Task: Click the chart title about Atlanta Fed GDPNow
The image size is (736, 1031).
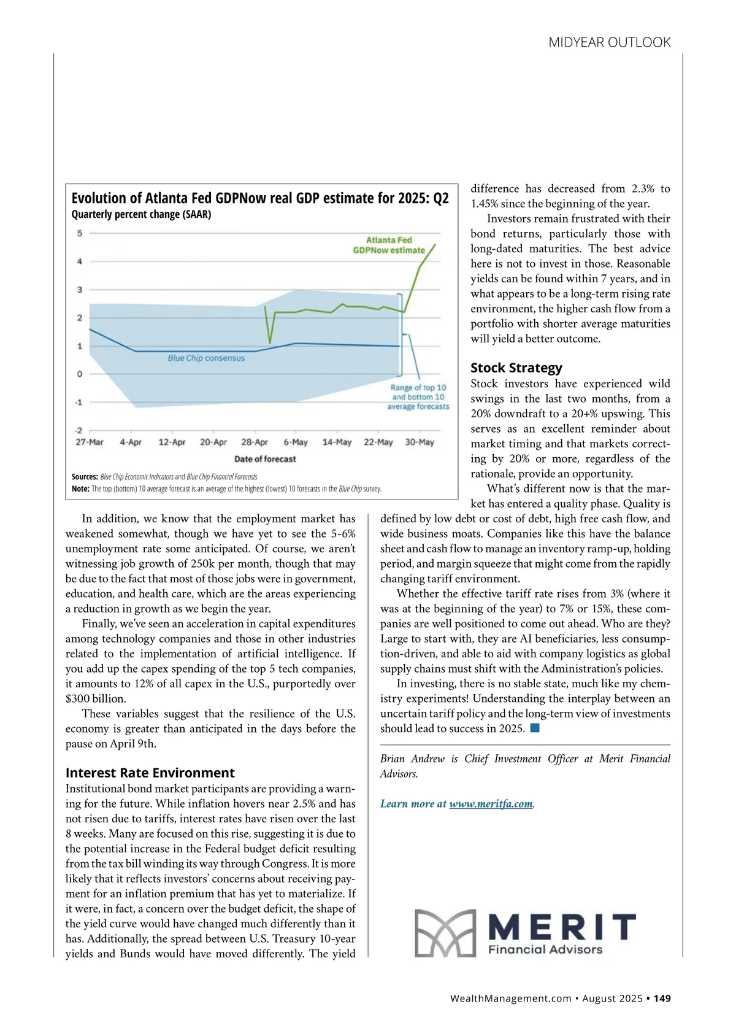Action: [x=260, y=198]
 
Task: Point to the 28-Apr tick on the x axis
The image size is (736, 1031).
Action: [x=255, y=442]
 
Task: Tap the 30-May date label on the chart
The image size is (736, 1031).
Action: [x=420, y=442]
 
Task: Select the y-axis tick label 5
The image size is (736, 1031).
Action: [x=80, y=233]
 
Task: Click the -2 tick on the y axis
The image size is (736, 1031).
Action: [x=79, y=431]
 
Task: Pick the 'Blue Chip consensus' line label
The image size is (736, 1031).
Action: [x=206, y=358]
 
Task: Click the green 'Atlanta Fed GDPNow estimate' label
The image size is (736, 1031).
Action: [x=389, y=245]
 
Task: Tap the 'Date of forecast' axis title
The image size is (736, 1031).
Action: [x=265, y=459]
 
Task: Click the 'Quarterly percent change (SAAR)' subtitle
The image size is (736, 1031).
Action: [x=141, y=214]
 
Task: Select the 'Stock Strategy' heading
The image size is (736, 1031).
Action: [x=516, y=368]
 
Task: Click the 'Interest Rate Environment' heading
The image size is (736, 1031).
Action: [x=150, y=773]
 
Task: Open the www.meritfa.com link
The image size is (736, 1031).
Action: [x=491, y=804]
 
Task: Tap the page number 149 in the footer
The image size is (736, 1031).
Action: [x=662, y=998]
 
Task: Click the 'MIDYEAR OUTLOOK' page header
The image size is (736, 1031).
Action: [x=609, y=42]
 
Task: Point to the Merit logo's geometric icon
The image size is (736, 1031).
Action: [x=445, y=933]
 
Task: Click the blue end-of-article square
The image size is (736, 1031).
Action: [x=535, y=728]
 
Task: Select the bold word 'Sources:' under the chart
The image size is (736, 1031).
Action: [x=85, y=477]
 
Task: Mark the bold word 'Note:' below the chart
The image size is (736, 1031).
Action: [x=80, y=489]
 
